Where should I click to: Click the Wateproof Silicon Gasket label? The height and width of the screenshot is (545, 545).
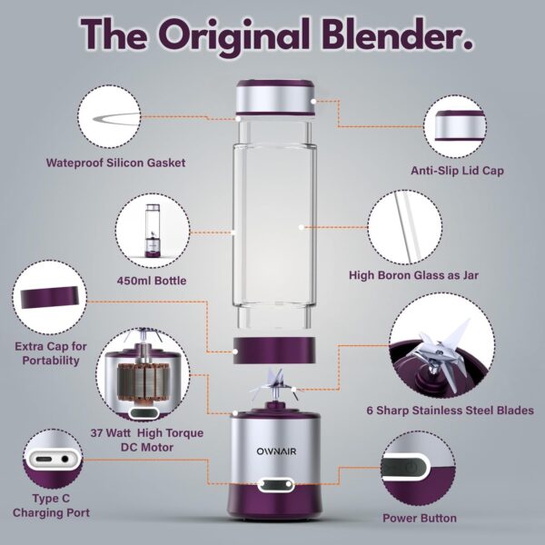[115, 163]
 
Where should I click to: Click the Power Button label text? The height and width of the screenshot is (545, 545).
[421, 519]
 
